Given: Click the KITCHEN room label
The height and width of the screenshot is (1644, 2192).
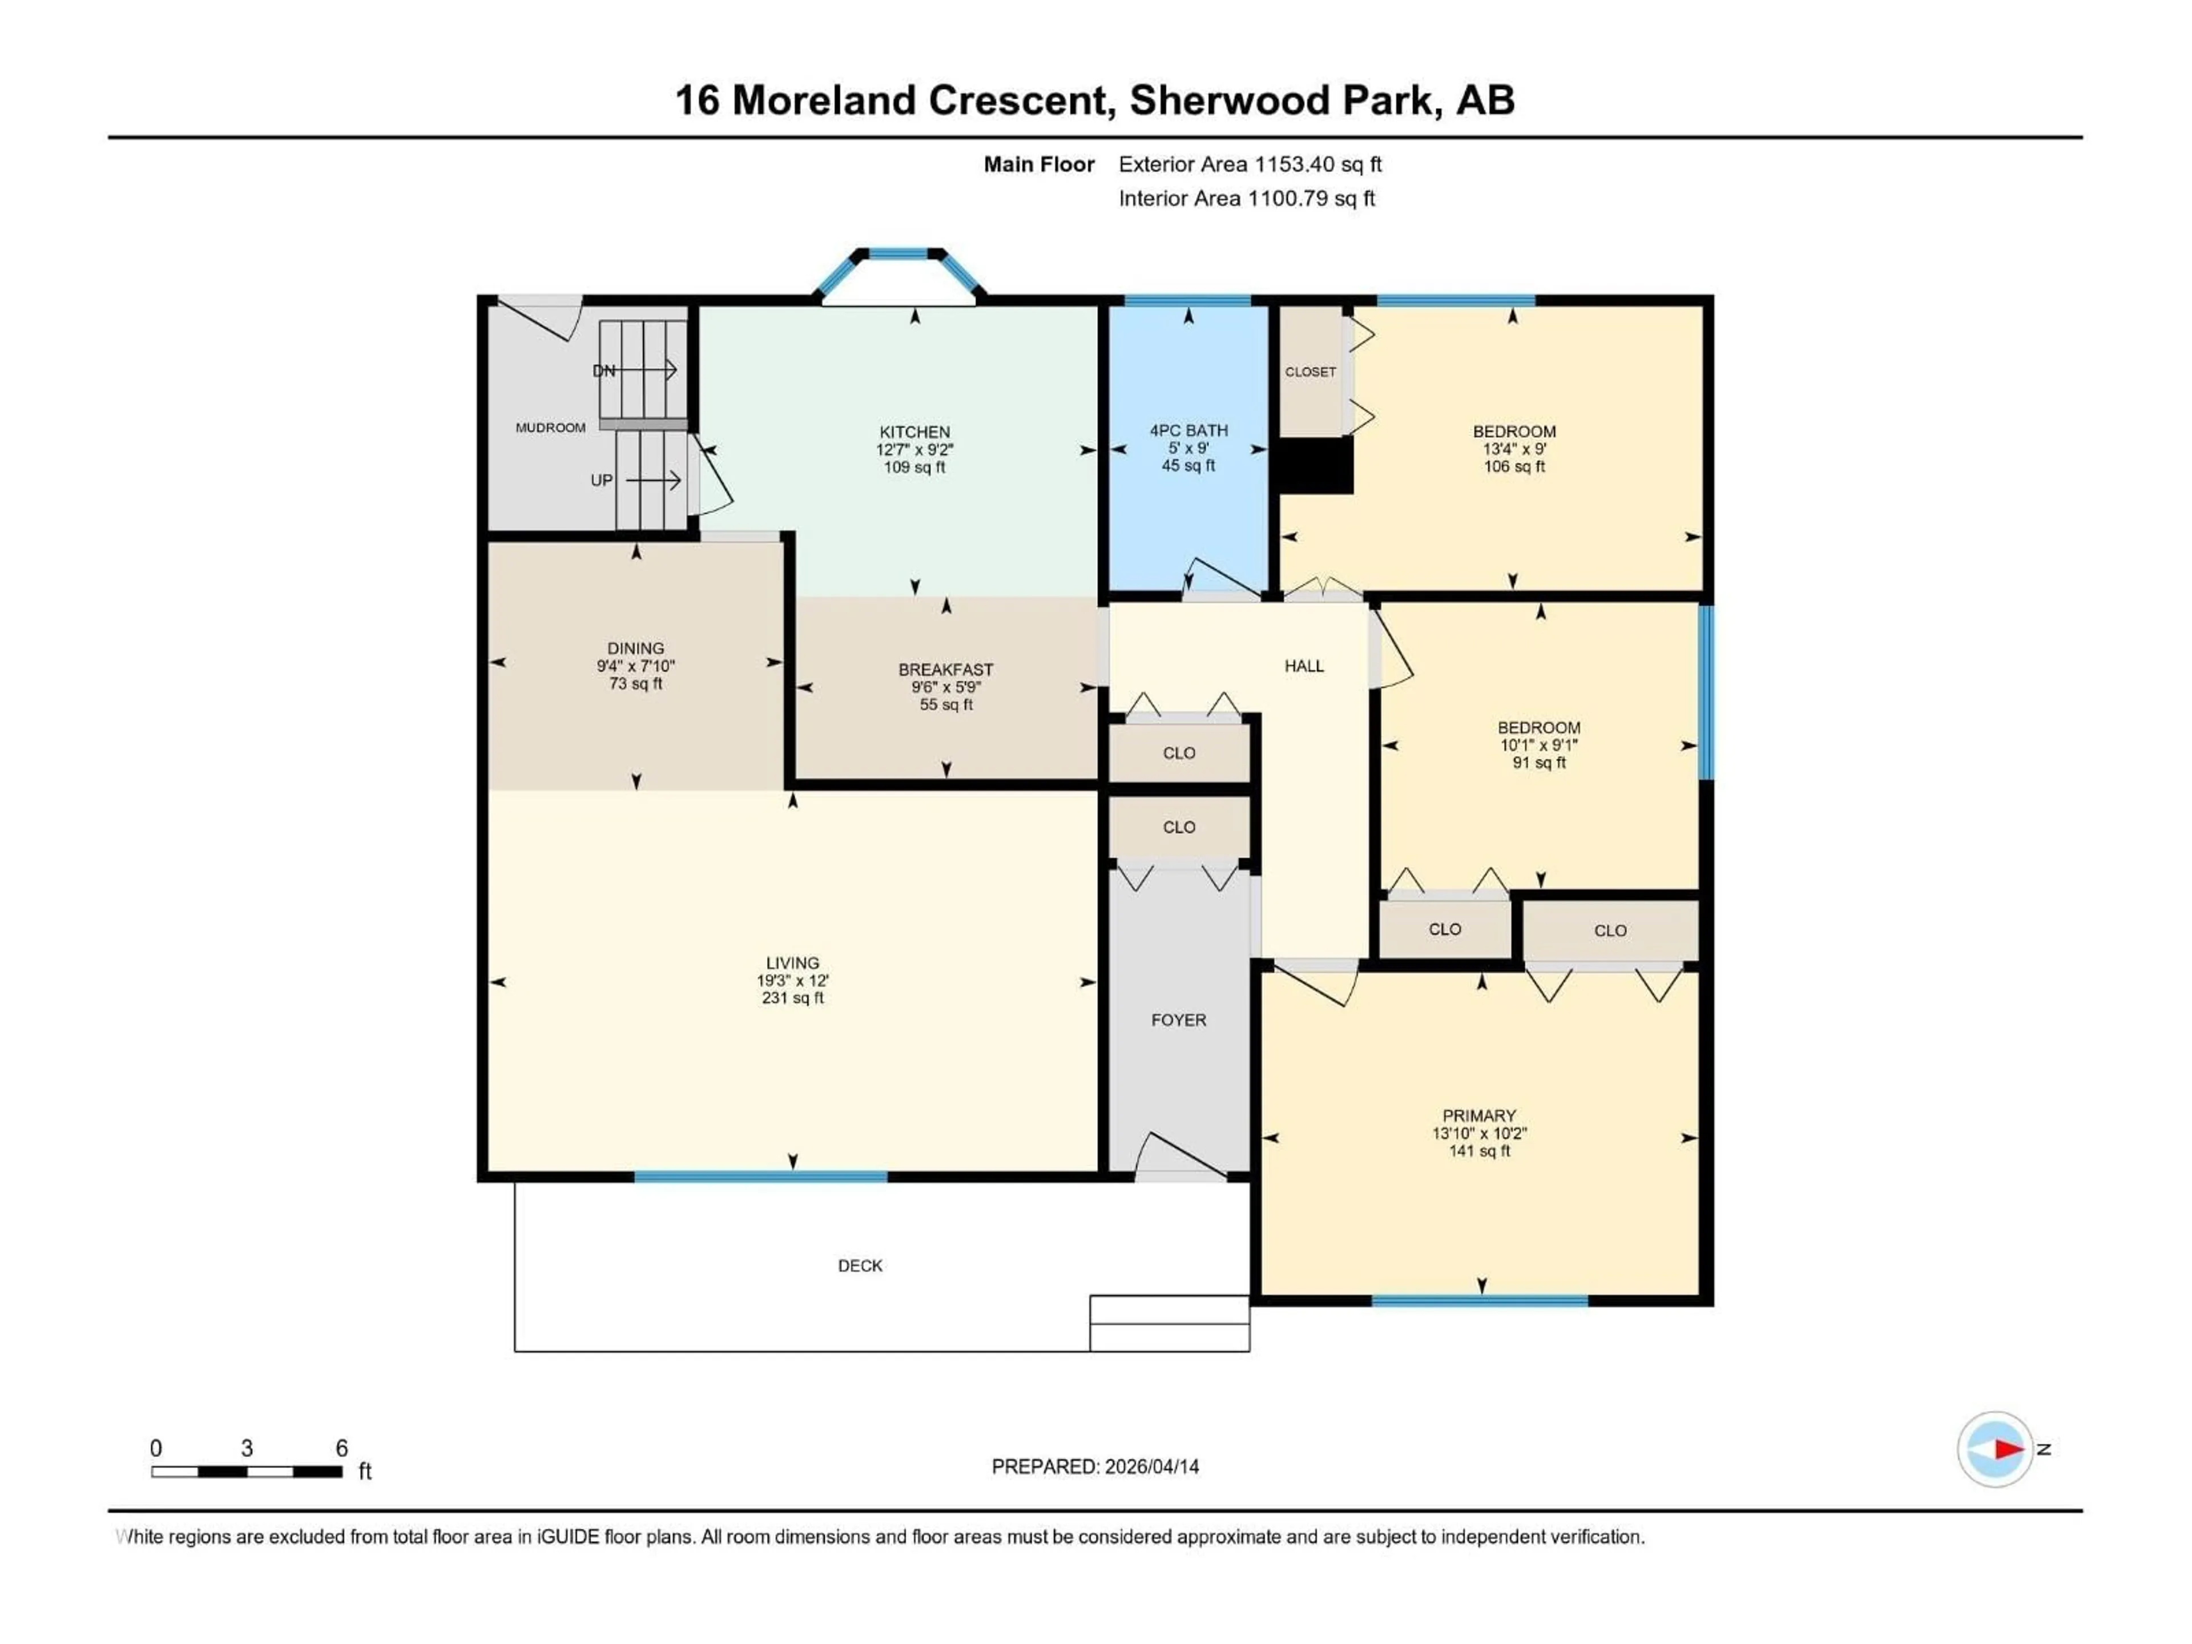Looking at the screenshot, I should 914,432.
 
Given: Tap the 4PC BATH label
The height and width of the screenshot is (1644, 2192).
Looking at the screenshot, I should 1188,430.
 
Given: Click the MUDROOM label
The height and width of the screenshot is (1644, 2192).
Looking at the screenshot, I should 550,427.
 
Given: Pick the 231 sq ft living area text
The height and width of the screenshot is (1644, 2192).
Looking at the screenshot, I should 792,998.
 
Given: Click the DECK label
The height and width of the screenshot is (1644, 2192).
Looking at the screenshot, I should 859,1266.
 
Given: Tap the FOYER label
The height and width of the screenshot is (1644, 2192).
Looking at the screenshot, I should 1178,1020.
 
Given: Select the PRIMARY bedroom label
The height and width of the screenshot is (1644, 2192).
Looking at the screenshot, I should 1478,1116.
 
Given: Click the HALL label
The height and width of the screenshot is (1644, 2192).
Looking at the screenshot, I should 1303,666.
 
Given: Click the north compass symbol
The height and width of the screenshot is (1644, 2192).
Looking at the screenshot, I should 1995,1449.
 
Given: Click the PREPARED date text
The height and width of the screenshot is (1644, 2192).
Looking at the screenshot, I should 1095,1466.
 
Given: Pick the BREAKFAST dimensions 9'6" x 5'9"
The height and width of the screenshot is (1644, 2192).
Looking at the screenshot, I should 945,687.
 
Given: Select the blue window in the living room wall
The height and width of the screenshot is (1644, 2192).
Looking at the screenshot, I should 760,1176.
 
